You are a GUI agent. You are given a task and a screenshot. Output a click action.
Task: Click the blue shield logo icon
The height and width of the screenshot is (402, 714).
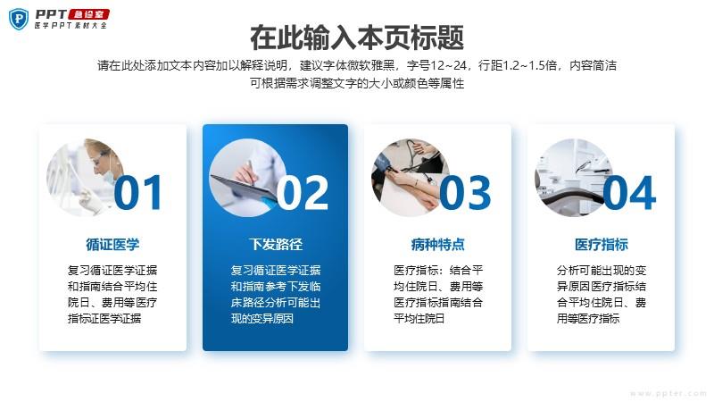point(19,19)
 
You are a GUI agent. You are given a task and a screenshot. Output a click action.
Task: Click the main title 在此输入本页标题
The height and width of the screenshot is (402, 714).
point(357,38)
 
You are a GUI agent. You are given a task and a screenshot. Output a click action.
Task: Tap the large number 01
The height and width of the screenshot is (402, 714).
point(138,193)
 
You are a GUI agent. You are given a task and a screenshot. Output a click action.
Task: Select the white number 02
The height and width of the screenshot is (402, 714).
point(303,193)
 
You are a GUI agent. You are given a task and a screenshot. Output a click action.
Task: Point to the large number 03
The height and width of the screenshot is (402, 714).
point(465,193)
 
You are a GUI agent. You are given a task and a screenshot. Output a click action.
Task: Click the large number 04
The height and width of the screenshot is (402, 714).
point(630,193)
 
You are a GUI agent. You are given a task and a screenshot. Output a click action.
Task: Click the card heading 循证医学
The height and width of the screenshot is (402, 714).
point(112,244)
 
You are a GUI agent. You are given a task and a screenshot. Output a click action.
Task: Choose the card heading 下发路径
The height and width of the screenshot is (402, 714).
point(276,244)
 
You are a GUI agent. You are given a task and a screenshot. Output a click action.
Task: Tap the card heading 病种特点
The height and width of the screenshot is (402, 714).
point(437,244)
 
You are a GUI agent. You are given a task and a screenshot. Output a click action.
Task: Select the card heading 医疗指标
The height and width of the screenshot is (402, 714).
point(601,244)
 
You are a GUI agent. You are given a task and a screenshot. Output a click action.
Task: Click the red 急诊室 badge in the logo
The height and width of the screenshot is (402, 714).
point(88,14)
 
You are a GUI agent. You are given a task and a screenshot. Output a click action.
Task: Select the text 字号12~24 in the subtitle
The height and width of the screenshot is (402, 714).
point(436,65)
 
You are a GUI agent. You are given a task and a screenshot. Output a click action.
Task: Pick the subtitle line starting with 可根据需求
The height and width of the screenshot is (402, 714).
point(357,83)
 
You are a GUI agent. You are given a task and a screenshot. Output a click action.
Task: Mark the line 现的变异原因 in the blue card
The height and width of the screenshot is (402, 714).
point(262,318)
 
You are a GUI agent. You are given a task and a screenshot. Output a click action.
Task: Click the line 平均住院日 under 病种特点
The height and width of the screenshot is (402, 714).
point(419,318)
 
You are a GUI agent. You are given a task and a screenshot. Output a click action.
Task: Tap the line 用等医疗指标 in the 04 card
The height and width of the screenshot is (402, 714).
point(588,318)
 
